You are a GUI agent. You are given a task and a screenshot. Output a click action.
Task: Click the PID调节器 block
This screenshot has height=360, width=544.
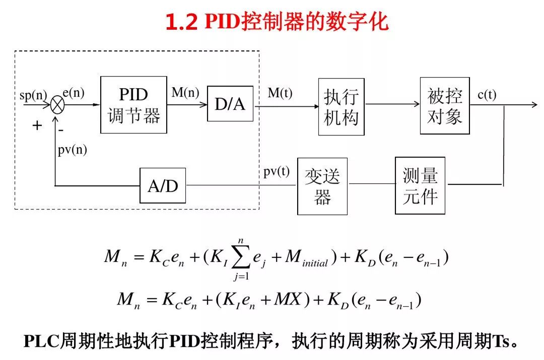click(x=133, y=105)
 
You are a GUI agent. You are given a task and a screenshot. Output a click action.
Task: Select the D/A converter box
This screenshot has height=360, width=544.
click(x=230, y=104)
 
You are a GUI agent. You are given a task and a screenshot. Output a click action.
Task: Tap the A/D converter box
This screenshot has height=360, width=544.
click(x=163, y=186)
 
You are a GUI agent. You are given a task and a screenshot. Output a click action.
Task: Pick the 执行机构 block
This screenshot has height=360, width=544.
click(x=341, y=107)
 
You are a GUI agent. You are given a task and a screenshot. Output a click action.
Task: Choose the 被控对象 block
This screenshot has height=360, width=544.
click(x=444, y=106)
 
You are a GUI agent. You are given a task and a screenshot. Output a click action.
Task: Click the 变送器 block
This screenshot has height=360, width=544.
click(x=322, y=186)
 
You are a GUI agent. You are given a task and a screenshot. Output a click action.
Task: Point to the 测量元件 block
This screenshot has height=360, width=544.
click(x=420, y=185)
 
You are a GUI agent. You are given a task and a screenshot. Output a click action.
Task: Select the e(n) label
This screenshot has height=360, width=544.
click(x=74, y=93)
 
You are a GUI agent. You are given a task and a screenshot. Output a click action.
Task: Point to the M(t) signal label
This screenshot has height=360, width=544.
click(x=280, y=93)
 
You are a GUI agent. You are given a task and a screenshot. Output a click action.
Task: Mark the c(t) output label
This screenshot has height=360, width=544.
click(x=487, y=94)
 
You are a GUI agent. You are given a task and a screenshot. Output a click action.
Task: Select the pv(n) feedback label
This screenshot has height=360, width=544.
click(x=72, y=151)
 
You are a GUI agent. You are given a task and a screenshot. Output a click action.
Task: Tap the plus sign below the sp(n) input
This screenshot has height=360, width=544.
click(x=37, y=126)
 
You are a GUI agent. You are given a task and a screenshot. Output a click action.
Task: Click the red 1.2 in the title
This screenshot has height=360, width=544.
click(x=182, y=23)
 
